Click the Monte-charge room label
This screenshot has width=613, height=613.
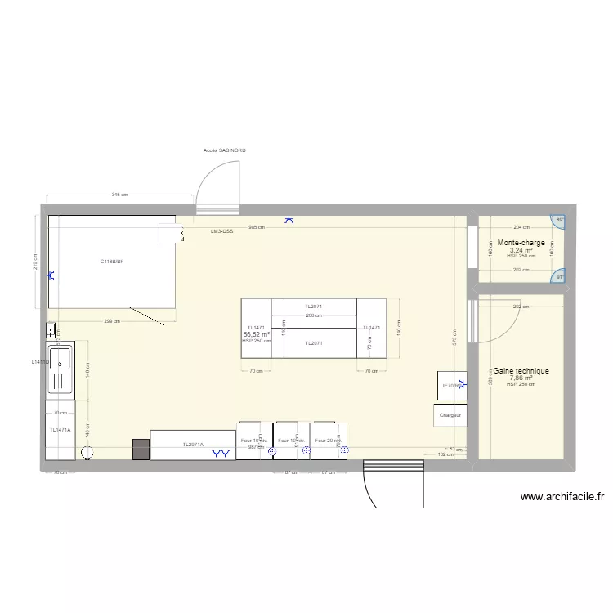click(521, 243)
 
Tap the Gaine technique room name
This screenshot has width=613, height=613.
click(521, 371)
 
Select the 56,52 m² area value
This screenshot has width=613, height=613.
click(256, 334)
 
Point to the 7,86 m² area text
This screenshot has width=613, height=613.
click(521, 378)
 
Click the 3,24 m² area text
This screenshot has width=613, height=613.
click(521, 250)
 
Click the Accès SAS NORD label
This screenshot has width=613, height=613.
click(224, 151)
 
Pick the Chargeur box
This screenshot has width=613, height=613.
click(450, 415)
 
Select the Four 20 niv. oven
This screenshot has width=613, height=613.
click(327, 441)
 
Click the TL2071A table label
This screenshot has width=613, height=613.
click(193, 445)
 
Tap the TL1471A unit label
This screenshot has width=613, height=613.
click(60, 430)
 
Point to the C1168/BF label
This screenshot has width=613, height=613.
click(112, 262)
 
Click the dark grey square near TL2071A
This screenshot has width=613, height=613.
click(141, 450)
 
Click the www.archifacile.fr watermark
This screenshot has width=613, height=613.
click(562, 496)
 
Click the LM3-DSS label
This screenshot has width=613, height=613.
click(221, 231)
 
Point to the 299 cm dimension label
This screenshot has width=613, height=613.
click(114, 321)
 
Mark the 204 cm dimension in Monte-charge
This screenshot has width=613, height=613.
click(521, 227)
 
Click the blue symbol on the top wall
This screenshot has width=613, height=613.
click(288, 219)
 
